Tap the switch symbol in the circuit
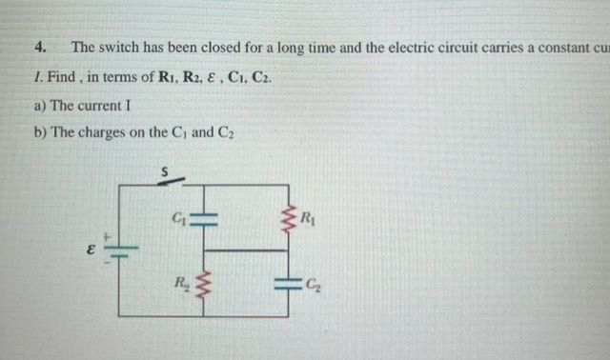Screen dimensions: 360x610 pyautogui.click(x=169, y=181)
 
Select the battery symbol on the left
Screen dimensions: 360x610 pyautogui.click(x=119, y=251)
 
